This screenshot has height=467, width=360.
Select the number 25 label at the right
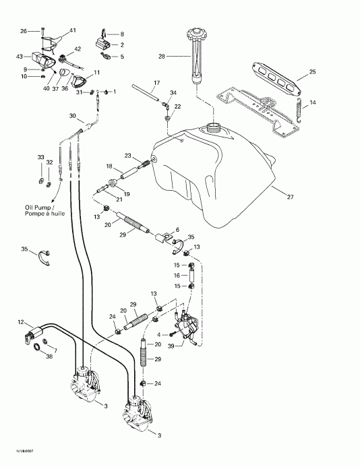pyautogui.click(x=312, y=71)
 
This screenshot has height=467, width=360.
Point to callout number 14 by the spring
pyautogui.click(x=313, y=102)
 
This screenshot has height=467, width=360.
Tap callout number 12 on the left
pyautogui.click(x=21, y=323)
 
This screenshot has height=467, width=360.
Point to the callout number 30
pyautogui.click(x=73, y=116)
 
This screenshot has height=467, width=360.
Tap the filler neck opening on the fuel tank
pyautogui.click(x=216, y=126)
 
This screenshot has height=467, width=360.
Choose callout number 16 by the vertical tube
pyautogui.click(x=177, y=276)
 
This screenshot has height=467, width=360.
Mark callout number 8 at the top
pyautogui.click(x=122, y=34)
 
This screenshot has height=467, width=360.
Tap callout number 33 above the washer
pyautogui.click(x=41, y=157)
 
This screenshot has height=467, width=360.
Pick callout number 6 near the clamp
pyautogui.click(x=177, y=230)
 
